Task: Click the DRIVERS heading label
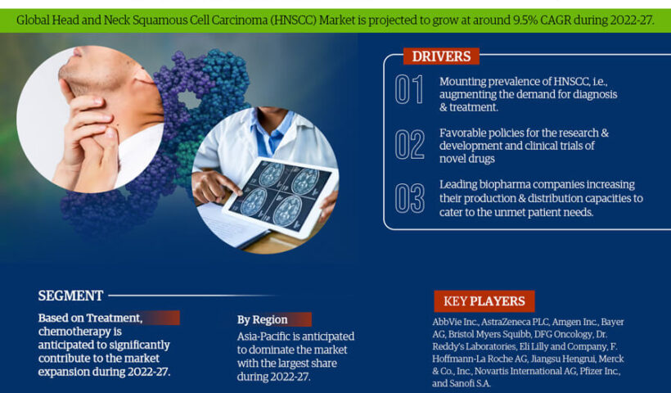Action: pos(441,56)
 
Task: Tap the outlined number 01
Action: pos(408,89)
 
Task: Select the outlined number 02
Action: pos(409,145)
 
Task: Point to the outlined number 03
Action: pos(409,198)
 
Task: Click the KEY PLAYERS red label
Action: pos(484,301)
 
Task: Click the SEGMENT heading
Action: pos(70,296)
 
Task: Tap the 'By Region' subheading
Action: pos(263,320)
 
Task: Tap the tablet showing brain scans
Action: pos(281,196)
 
